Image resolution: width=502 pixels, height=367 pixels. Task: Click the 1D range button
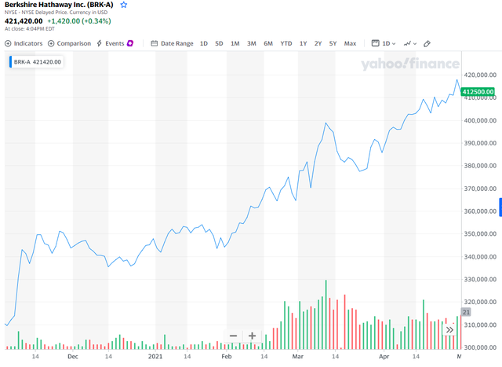pyautogui.click(x=204, y=43)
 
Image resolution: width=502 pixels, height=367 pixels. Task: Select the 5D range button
pyautogui.click(x=219, y=43)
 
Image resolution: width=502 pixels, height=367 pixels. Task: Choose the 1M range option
pyautogui.click(x=235, y=43)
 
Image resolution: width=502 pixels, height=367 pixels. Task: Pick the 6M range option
pyautogui.click(x=268, y=43)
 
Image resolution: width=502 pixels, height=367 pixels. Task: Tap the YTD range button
pyautogui.click(x=286, y=43)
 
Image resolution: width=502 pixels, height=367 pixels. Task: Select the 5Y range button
pyautogui.click(x=333, y=43)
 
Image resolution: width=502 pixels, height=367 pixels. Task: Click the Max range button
pyautogui.click(x=350, y=43)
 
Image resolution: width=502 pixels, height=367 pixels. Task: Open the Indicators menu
pyautogui.click(x=24, y=43)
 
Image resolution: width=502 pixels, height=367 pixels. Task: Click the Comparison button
pyautogui.click(x=70, y=43)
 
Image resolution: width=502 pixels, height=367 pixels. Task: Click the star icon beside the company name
pyautogui.click(x=123, y=5)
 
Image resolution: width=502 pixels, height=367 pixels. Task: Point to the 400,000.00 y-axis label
pyautogui.click(x=480, y=120)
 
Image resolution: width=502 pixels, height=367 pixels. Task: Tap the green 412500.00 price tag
pyautogui.click(x=479, y=93)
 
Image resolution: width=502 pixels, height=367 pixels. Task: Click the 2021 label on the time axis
pyautogui.click(x=166, y=356)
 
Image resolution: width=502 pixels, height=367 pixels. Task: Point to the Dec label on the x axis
pyautogui.click(x=72, y=356)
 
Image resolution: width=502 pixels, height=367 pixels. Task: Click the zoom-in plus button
pyautogui.click(x=252, y=336)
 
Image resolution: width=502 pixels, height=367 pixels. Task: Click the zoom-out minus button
pyautogui.click(x=233, y=336)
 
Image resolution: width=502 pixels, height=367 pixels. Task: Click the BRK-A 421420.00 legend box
pyautogui.click(x=37, y=61)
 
